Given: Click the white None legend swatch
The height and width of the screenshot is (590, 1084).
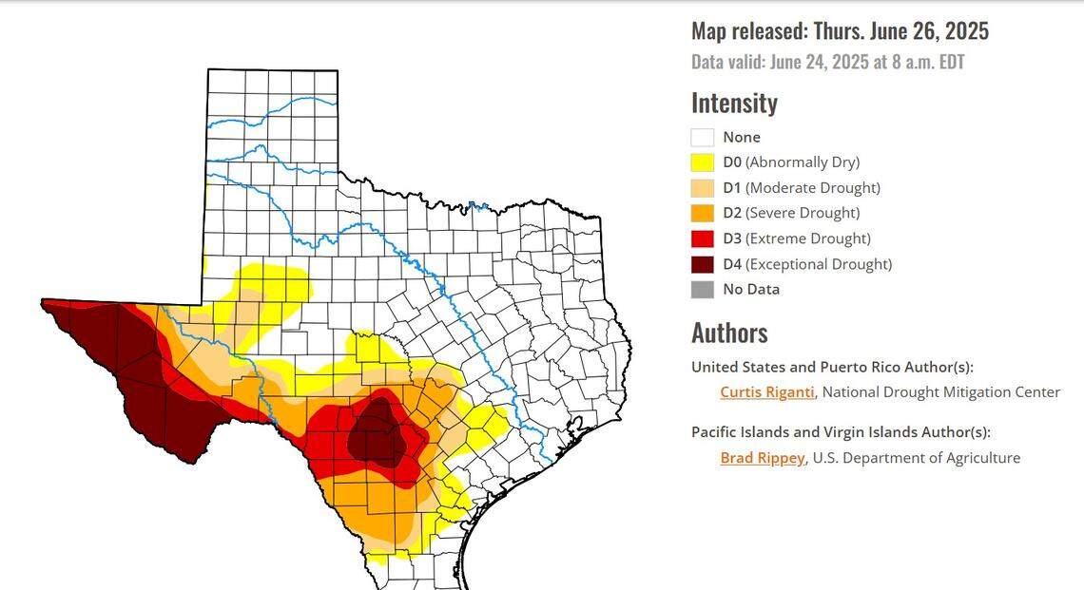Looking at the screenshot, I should [702, 137].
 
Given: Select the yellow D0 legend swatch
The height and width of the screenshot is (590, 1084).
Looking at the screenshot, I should [702, 162].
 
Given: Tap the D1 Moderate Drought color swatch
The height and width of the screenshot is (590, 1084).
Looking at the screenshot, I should [702, 188].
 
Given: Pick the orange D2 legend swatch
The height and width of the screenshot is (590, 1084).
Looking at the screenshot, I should [702, 213].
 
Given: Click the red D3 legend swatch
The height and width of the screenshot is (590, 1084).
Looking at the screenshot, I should [702, 238].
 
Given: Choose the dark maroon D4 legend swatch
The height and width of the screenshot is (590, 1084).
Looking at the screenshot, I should [702, 264].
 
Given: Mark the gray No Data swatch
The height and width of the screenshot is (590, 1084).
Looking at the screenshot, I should [702, 290].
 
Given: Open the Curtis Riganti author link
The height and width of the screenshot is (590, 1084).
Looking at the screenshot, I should [766, 391].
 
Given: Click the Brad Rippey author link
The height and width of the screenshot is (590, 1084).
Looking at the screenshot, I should [762, 458].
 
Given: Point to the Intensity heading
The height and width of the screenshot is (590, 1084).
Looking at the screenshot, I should [734, 103].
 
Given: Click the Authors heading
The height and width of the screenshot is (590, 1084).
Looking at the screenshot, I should [729, 333].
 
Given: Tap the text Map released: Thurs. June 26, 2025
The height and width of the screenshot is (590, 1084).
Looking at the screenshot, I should [840, 30].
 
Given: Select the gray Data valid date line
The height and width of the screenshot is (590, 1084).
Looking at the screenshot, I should [828, 62].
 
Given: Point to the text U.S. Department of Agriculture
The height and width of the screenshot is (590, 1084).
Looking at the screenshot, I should [917, 458].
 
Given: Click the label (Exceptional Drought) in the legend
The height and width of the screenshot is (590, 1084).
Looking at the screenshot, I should [819, 264].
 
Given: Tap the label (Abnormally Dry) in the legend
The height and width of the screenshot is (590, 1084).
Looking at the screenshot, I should [803, 162].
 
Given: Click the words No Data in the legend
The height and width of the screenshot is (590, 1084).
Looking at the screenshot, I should [751, 290].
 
